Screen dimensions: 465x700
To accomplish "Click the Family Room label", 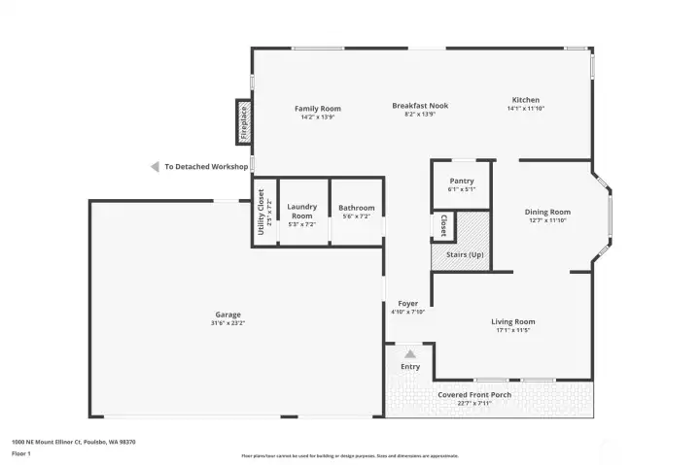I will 318,108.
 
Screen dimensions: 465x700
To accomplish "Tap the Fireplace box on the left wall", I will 243,123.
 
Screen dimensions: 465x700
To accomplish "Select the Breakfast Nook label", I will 420,106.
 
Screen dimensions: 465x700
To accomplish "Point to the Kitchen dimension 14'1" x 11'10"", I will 526,109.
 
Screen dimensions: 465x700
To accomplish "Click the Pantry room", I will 461,184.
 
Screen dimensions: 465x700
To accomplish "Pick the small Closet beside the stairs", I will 443,225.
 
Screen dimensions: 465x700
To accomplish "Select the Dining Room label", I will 547,212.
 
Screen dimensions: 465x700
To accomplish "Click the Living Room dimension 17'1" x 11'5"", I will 512,331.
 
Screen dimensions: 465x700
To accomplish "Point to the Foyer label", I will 408,304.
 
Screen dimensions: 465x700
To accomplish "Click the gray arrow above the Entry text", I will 410,354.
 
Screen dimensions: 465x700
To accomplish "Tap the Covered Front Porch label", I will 474,395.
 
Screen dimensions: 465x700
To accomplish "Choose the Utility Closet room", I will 261,212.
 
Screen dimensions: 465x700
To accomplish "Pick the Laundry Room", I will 302,211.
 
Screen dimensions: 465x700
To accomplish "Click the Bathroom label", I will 357,208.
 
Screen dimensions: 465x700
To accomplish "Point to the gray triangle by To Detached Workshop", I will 155,167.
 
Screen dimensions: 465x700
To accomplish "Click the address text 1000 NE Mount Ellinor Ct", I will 74,442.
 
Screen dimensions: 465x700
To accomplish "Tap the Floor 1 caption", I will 21,453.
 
